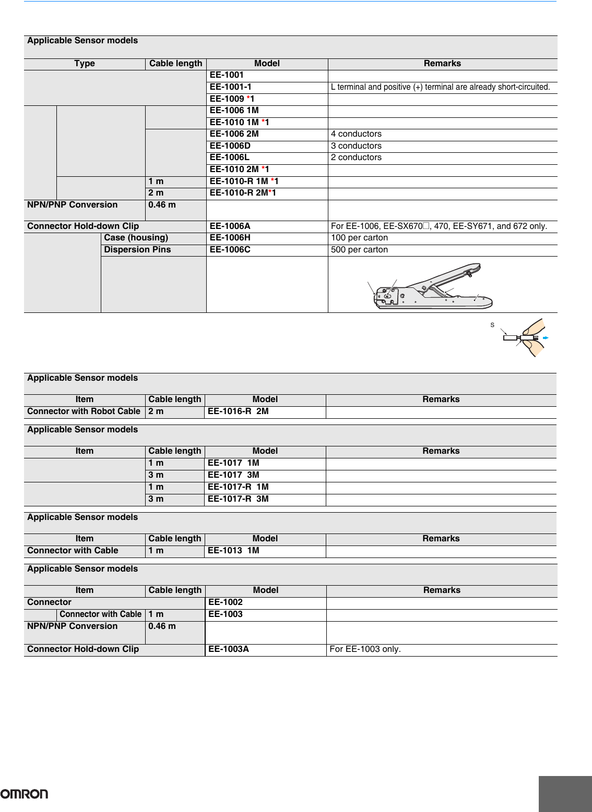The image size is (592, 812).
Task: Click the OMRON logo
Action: pos(24,794)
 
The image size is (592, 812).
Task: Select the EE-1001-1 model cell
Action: pos(230,87)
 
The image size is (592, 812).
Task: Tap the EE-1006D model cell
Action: pos(230,146)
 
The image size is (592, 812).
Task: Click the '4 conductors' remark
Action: pos(356,134)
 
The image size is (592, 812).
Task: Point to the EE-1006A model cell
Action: pos(230,226)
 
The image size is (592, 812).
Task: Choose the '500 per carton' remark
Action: pos(359,250)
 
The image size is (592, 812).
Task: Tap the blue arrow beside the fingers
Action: pos(546,338)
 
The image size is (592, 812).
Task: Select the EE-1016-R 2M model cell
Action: pos(238,411)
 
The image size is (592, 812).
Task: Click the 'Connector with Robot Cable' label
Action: pos(84,411)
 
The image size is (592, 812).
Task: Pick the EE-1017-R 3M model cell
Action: pos(238,499)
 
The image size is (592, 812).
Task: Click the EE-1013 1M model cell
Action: pos(233,551)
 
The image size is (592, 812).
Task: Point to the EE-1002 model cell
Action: pos(226,602)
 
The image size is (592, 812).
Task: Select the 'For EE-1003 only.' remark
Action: pos(365,649)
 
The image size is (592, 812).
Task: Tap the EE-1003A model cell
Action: pos(229,649)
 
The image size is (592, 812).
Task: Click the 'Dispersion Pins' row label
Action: pos(137,250)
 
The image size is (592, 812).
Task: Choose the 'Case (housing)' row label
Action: pos(136,238)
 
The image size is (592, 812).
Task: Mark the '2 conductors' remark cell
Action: pos(356,157)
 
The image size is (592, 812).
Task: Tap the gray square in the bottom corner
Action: pos(565,794)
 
